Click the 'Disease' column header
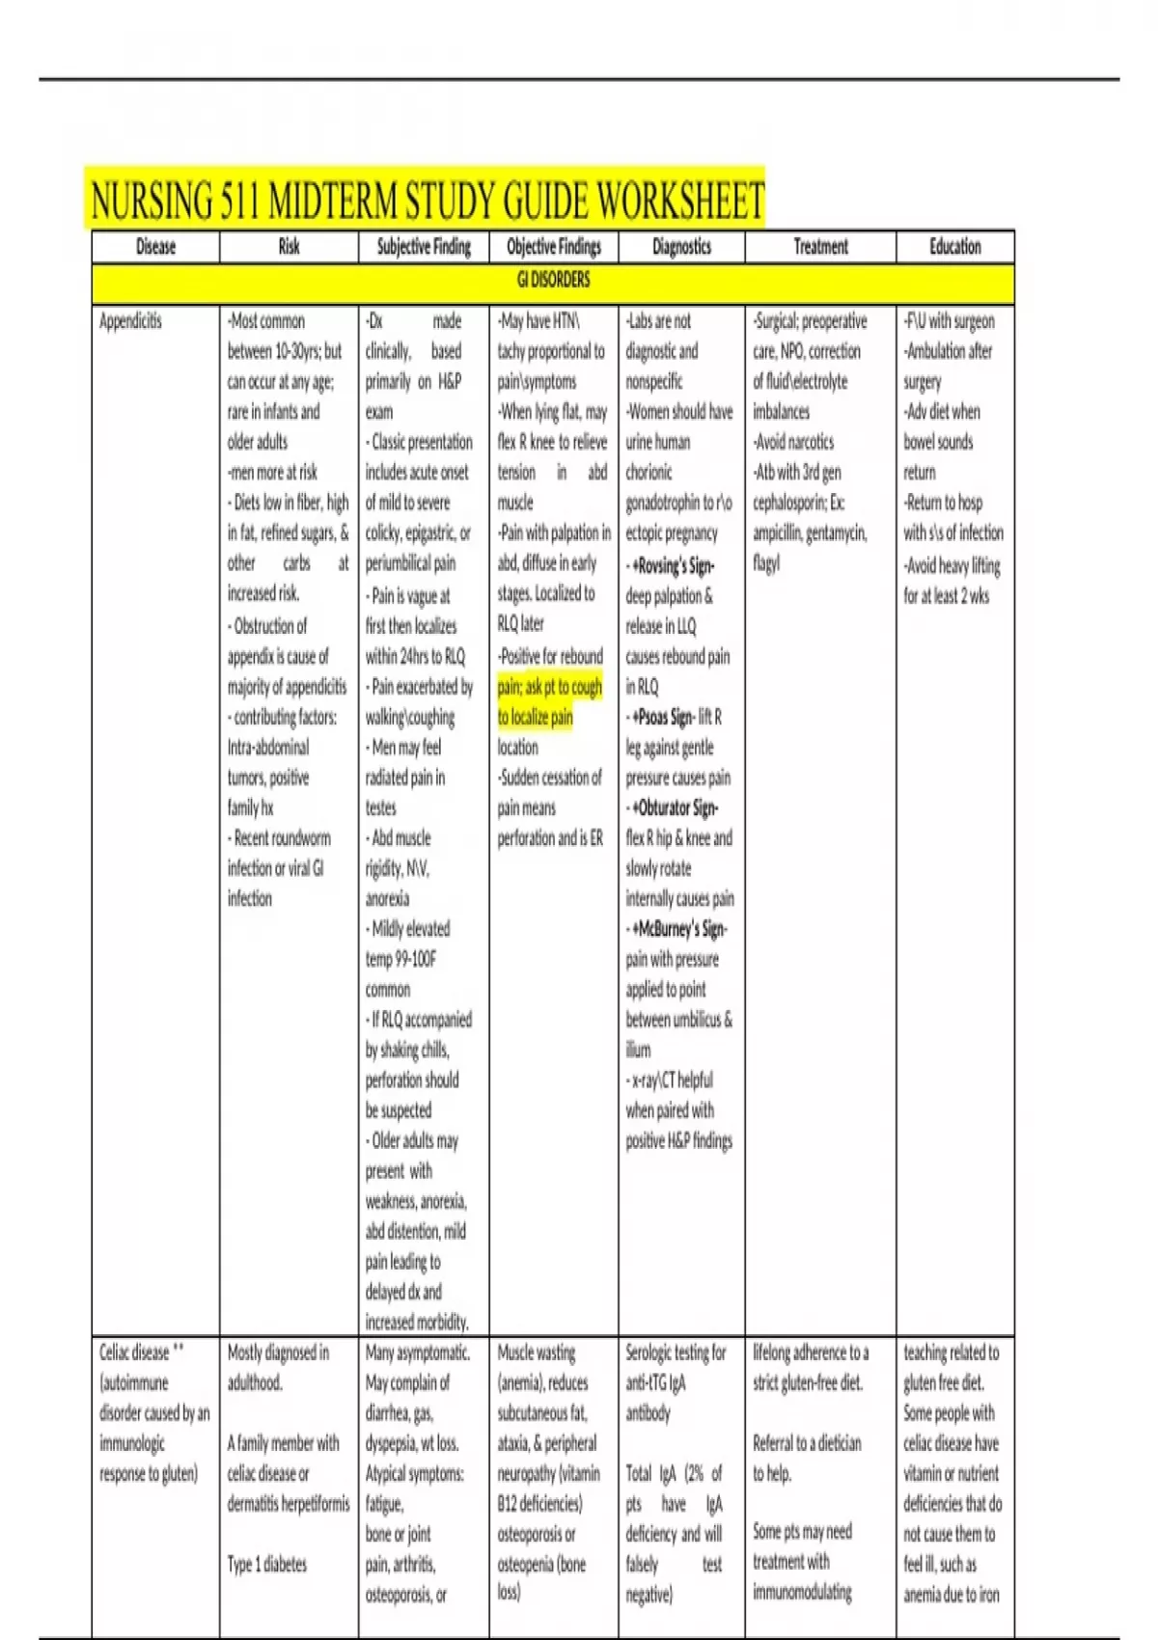155,247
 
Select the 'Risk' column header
289,247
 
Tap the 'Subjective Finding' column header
424,247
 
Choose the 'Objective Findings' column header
554,247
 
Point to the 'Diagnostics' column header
681,247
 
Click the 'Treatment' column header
820,247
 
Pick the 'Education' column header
954,247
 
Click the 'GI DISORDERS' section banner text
553,280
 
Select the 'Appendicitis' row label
131,321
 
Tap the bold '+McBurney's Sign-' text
679,929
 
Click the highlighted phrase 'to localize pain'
536,718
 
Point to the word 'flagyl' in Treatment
766,563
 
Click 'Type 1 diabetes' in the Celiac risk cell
267,1564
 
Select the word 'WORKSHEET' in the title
680,202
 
